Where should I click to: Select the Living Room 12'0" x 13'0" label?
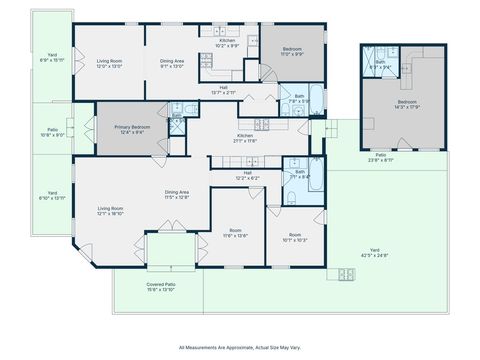tap(109, 64)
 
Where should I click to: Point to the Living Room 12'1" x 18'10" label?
tap(109, 211)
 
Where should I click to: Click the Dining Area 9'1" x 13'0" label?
tap(173, 64)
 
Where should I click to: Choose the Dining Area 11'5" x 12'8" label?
tap(177, 195)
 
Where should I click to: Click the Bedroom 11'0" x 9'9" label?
tap(291, 51)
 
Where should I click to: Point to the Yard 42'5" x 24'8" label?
tap(375, 252)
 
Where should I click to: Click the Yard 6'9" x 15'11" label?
tap(52, 58)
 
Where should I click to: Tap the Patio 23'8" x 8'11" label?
tap(381, 158)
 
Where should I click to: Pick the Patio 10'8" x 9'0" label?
tap(52, 132)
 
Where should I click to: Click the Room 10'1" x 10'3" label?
tap(295, 237)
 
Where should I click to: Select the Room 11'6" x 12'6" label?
tap(235, 233)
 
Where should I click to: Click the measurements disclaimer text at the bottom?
tap(240, 347)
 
